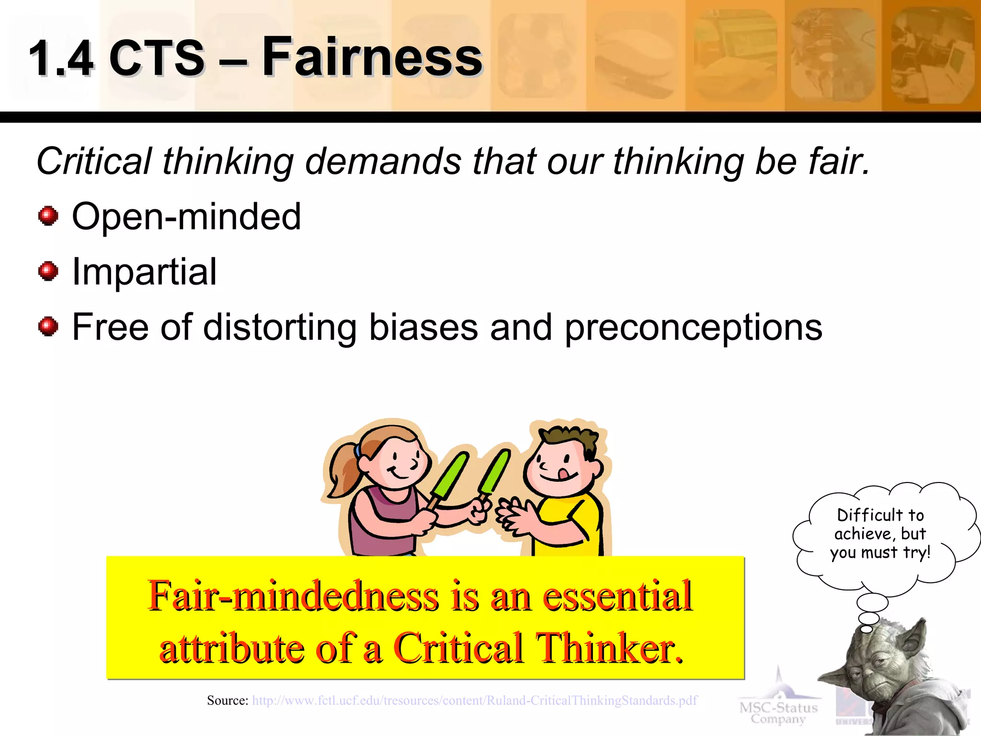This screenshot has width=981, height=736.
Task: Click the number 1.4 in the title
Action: point(60,58)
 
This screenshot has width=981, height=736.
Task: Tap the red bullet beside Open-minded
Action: point(48,216)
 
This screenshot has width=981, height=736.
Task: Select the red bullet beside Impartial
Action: point(48,272)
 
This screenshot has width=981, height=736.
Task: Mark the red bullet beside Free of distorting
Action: point(48,327)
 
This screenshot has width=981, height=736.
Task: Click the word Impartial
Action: point(144,272)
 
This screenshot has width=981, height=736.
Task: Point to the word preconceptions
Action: point(693,328)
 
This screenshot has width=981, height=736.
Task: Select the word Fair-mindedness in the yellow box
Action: point(293,596)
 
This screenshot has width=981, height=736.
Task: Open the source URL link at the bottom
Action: point(474,701)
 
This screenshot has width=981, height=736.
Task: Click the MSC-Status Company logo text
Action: point(778,713)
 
